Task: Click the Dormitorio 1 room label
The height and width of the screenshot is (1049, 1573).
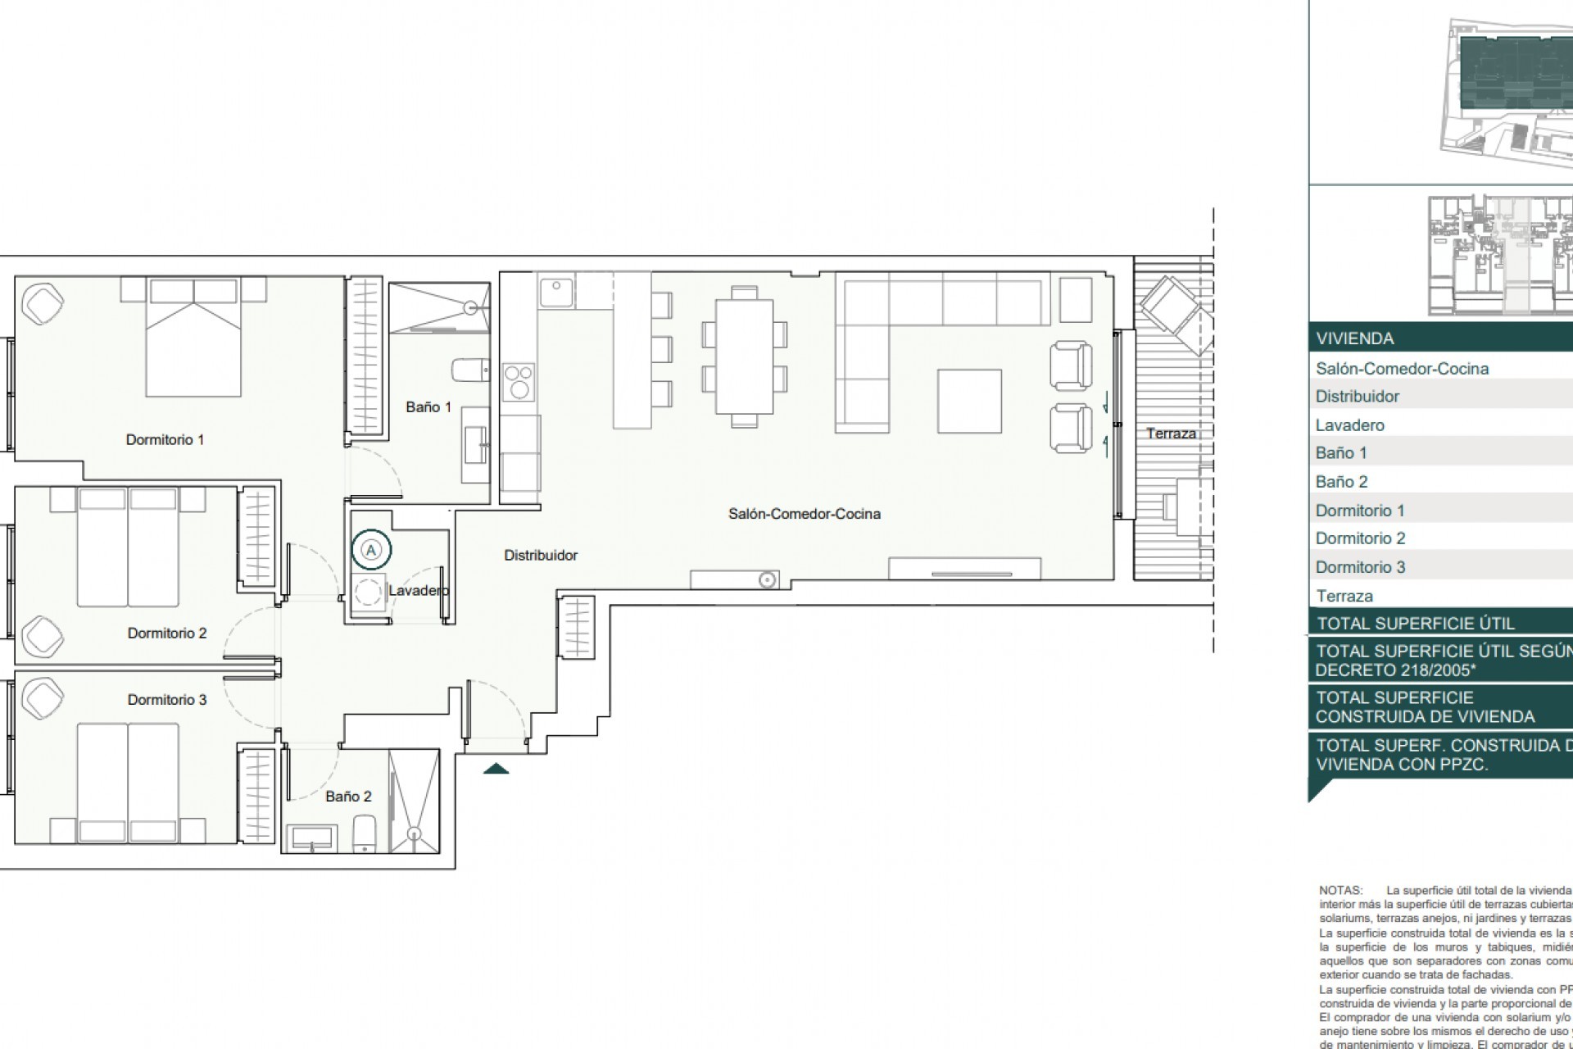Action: (x=165, y=440)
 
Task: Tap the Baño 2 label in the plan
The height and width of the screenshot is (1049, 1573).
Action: (x=348, y=796)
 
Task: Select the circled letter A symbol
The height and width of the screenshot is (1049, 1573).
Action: (x=371, y=550)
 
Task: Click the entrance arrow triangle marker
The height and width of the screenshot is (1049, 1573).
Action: (x=496, y=769)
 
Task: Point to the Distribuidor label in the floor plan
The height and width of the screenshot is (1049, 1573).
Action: (x=540, y=556)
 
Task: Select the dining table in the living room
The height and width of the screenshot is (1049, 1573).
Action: (x=744, y=357)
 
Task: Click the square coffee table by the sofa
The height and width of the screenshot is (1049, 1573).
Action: (x=970, y=401)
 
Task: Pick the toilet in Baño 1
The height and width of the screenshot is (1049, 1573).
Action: (x=471, y=370)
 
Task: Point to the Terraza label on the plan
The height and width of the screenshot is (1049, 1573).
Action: (x=1170, y=434)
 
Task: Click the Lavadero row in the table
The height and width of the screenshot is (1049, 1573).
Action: (x=1350, y=425)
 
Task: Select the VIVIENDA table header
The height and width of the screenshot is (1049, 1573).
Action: (x=1354, y=338)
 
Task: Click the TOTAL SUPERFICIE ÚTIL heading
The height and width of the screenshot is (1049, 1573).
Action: (x=1415, y=623)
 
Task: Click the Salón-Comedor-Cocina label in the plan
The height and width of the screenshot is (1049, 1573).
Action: (x=804, y=514)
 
